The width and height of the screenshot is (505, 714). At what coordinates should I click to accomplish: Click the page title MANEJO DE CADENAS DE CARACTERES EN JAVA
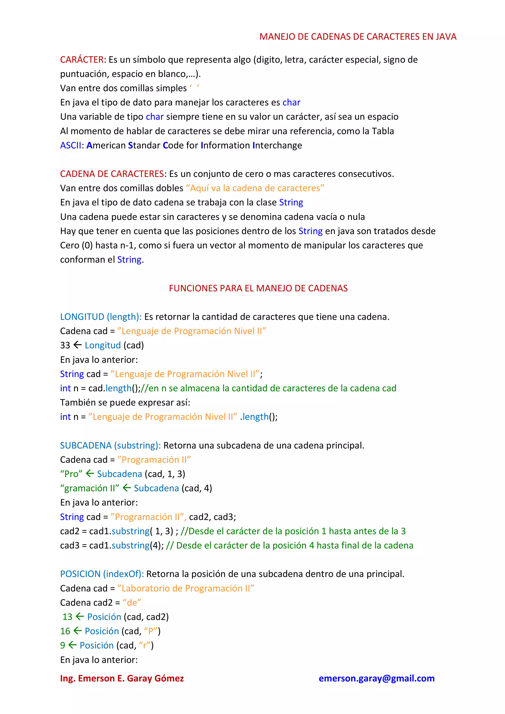(x=358, y=37)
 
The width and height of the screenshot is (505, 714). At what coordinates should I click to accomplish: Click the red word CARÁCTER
(x=82, y=59)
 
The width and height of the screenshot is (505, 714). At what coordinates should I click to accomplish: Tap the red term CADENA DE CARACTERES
(x=112, y=174)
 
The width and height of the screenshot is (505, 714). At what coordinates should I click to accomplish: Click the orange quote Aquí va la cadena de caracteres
(x=255, y=188)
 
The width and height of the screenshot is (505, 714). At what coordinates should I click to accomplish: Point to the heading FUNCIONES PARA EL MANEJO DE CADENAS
(x=258, y=288)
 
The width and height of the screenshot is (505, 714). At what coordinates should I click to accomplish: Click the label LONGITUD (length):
(x=101, y=317)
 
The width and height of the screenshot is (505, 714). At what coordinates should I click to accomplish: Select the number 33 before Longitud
(x=65, y=345)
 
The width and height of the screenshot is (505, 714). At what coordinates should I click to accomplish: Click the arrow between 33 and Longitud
(x=77, y=345)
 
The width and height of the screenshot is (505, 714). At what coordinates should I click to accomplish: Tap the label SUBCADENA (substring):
(x=110, y=445)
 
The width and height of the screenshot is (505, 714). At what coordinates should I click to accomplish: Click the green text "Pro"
(x=71, y=474)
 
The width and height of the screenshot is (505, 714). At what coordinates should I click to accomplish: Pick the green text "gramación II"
(x=90, y=488)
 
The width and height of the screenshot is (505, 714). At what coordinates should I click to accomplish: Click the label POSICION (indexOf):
(x=102, y=574)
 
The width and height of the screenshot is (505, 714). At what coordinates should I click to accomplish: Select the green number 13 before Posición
(x=67, y=617)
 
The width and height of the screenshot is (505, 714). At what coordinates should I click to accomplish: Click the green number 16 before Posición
(x=65, y=631)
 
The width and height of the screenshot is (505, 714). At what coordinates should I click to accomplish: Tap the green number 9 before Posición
(x=63, y=645)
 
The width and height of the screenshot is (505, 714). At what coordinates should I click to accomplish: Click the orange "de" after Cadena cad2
(x=132, y=603)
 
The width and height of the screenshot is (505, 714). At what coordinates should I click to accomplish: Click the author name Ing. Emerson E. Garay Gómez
(x=122, y=678)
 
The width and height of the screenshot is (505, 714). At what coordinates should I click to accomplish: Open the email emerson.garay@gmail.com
(x=377, y=678)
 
